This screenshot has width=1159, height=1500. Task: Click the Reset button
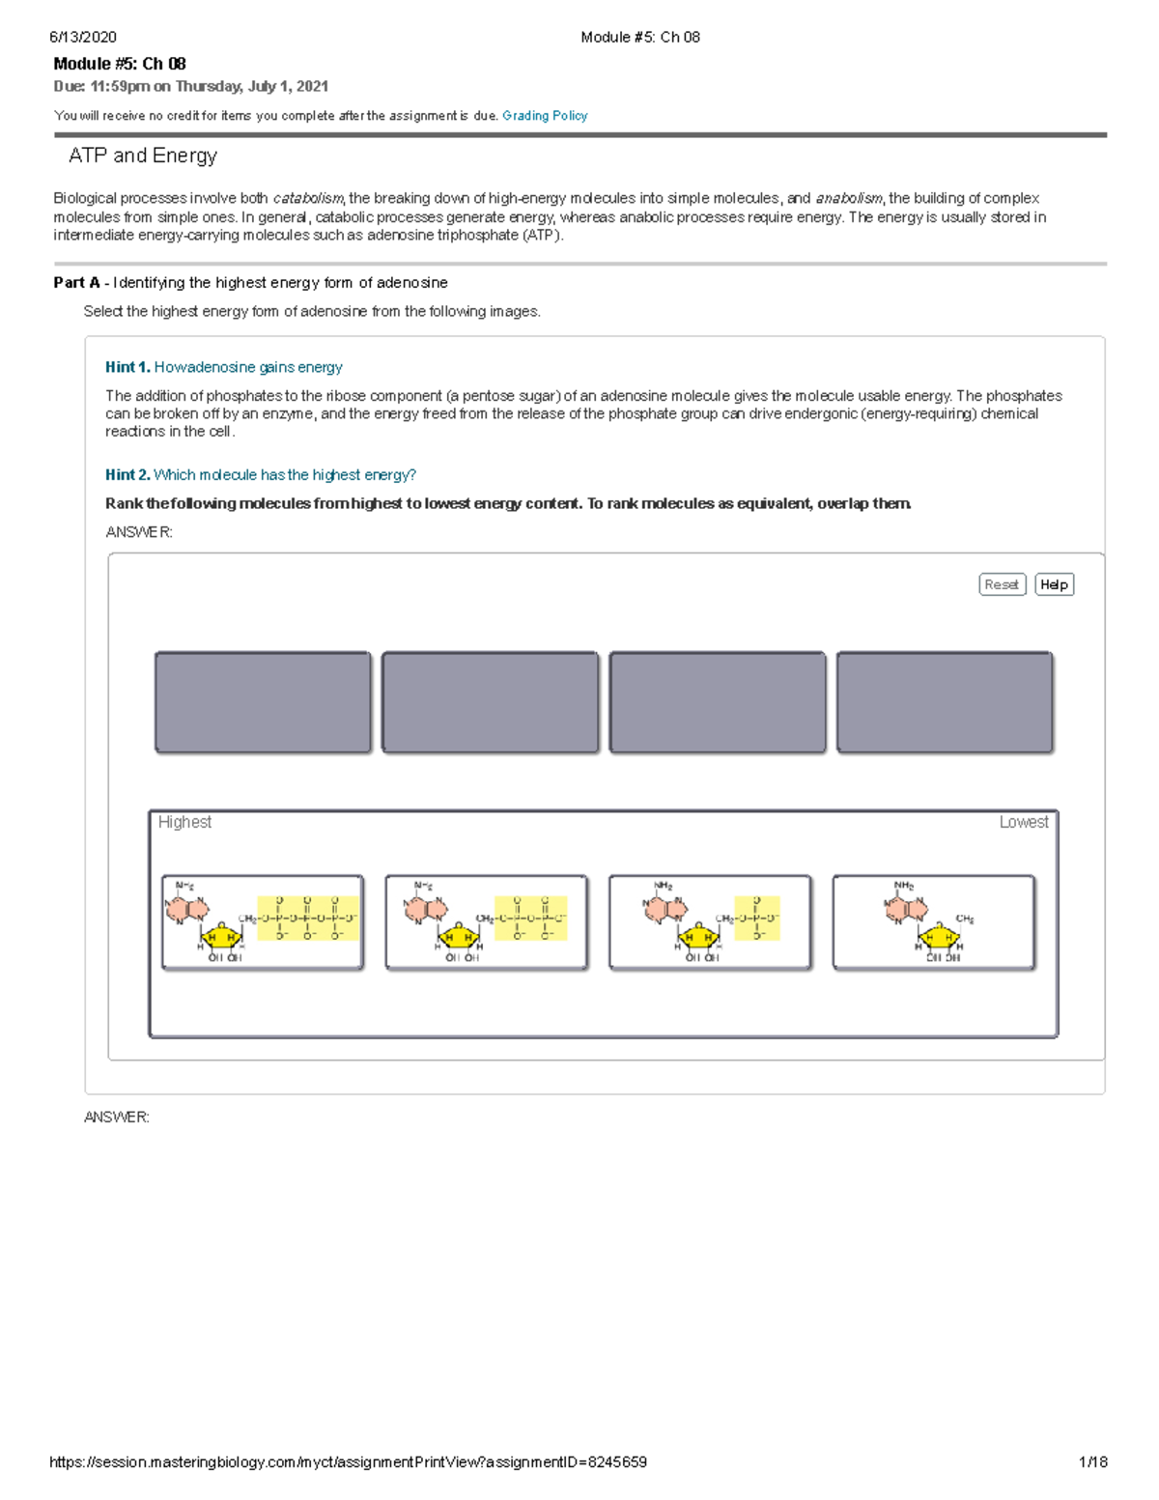pos(1002,584)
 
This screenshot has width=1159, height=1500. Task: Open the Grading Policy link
pos(545,116)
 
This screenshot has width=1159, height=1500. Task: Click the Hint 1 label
pos(127,367)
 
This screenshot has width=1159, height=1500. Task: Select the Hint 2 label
pos(127,475)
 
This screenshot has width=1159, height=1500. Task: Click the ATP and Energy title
pos(143,156)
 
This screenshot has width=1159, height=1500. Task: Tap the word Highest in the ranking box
pos(184,822)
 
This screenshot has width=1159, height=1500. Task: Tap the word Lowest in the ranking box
pos(1023,822)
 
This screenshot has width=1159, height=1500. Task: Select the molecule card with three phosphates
pos(263,922)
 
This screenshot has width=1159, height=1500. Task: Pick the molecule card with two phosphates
pos(486,922)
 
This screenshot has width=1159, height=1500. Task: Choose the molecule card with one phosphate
pos(710,922)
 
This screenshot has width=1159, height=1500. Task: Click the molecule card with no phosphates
pos(934,922)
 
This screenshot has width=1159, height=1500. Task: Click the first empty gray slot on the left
pos(263,702)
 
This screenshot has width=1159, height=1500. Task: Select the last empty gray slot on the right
pos(945,702)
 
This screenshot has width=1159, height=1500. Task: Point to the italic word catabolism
pos(308,199)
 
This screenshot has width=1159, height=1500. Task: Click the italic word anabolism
pos(849,199)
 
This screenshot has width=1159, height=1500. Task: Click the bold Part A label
pos(76,283)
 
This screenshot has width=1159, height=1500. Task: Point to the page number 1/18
pos(1092,1462)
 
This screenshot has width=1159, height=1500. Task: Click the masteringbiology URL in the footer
pos(348,1462)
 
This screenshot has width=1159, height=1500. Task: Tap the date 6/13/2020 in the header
pos(83,38)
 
